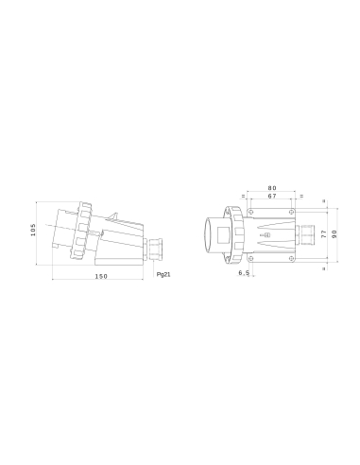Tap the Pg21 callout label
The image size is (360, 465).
point(163,274)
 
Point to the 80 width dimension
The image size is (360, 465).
point(272,188)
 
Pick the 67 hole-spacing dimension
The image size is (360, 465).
point(272,198)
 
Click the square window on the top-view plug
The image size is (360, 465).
point(228,232)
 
